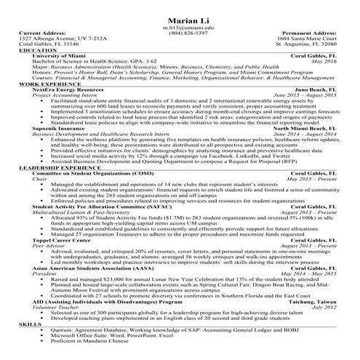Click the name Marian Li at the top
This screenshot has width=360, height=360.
[x=180, y=17]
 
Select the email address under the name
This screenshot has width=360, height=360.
[x=180, y=26]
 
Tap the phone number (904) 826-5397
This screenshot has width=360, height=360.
[x=180, y=33]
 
